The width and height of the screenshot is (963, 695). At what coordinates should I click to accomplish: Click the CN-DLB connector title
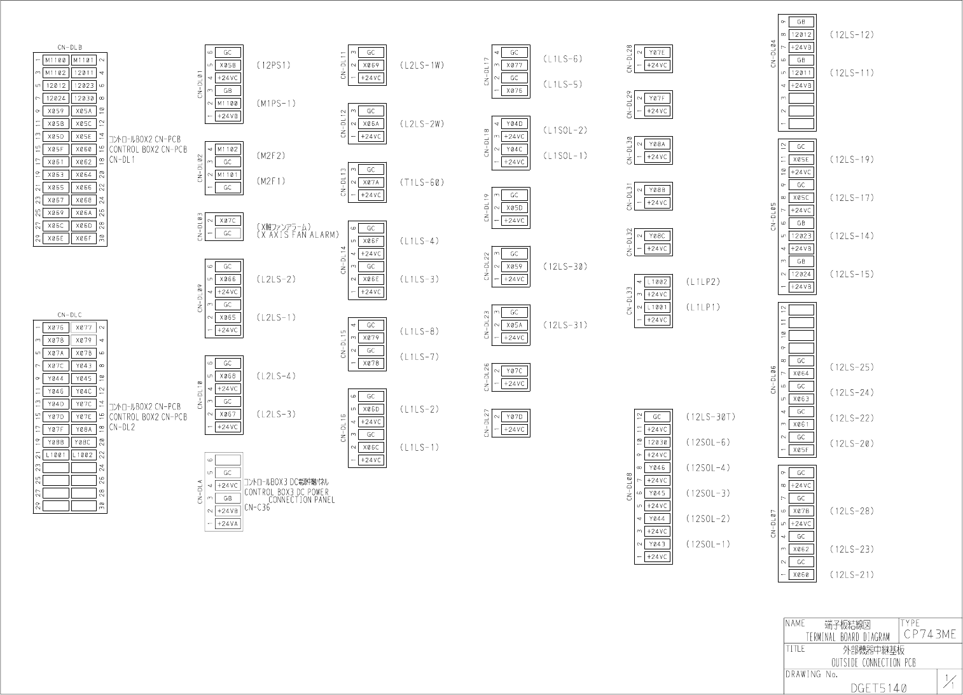tap(70, 47)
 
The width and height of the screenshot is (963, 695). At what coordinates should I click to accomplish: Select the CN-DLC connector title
tap(70, 315)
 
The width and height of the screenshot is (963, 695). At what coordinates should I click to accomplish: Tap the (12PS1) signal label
tap(274, 65)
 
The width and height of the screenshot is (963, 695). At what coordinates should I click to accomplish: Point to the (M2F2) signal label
tap(271, 156)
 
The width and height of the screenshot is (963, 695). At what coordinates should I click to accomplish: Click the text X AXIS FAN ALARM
tap(298, 235)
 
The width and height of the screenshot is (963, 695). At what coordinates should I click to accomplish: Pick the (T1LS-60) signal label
tap(422, 182)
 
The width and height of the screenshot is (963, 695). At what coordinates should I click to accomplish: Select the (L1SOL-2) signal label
tap(565, 130)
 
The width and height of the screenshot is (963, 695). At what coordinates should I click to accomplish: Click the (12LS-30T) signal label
tap(710, 417)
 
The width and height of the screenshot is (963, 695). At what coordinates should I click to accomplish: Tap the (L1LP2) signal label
tap(703, 282)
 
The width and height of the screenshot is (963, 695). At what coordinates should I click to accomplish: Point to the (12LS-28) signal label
tap(852, 511)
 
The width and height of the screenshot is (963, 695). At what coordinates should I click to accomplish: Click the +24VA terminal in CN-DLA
tap(228, 524)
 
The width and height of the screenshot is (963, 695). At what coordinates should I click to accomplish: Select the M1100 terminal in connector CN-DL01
tap(228, 104)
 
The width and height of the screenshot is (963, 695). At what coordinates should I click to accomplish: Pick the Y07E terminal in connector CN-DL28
tap(657, 53)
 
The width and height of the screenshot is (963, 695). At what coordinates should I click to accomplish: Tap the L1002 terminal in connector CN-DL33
tap(657, 282)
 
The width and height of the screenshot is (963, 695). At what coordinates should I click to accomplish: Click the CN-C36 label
tap(257, 507)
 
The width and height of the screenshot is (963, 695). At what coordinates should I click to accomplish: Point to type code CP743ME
tap(929, 635)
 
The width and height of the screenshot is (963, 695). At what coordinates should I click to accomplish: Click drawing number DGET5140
tap(878, 688)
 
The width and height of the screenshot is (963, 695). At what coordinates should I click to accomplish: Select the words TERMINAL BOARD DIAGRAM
tap(847, 637)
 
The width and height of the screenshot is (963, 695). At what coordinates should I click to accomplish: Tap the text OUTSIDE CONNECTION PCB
tap(873, 663)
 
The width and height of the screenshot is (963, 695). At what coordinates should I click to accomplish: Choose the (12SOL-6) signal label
tap(708, 443)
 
